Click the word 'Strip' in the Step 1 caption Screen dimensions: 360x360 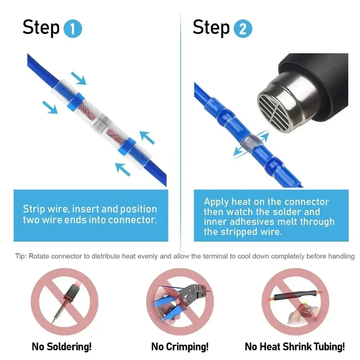point(34,209)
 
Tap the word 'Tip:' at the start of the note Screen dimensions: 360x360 point(21,256)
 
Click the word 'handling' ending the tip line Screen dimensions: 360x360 point(342,256)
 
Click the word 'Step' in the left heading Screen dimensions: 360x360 point(41,28)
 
